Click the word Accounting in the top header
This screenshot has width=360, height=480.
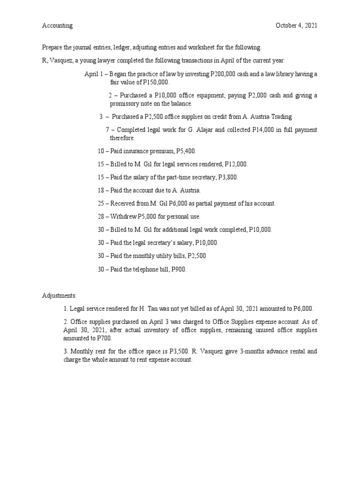pyautogui.click(x=57, y=26)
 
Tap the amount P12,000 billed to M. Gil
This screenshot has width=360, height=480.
pyautogui.click(x=235, y=164)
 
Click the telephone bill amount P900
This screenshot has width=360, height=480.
pyautogui.click(x=178, y=269)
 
